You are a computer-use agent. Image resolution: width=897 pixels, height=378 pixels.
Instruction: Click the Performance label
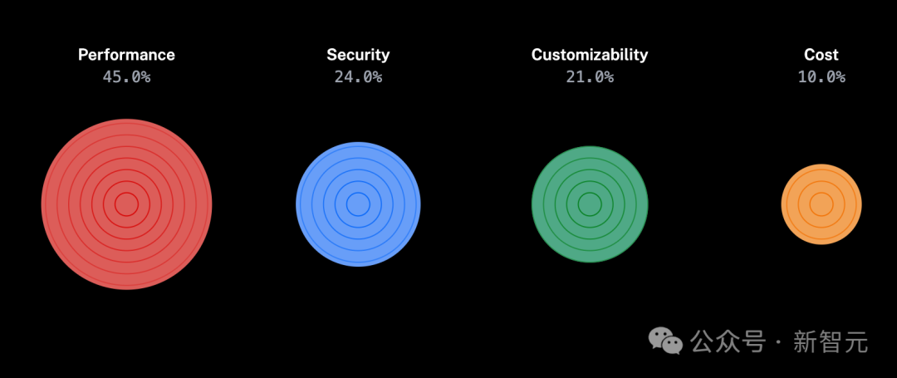point(126,55)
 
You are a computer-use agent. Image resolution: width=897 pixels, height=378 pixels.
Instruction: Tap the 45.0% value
point(126,77)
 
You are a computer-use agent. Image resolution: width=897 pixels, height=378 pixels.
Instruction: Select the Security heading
point(358,55)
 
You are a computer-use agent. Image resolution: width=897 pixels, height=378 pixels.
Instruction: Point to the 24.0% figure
point(358,77)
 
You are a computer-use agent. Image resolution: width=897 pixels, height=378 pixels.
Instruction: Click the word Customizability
point(590,55)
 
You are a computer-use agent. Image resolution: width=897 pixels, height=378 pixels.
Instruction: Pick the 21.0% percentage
point(590,77)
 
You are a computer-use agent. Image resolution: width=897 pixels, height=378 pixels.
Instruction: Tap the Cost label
point(821,55)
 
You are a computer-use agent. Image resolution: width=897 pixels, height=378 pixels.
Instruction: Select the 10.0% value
point(821,77)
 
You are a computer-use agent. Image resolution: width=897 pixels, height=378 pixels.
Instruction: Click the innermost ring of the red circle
point(126,204)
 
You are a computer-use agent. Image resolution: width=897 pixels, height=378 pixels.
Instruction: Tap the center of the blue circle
point(358,204)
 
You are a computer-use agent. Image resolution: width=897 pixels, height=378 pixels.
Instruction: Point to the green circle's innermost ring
point(590,204)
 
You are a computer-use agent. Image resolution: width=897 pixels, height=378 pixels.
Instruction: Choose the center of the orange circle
point(821,204)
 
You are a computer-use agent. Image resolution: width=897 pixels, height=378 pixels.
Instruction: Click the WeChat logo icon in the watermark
point(665,340)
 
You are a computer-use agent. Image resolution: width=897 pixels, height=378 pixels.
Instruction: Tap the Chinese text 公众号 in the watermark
point(728,341)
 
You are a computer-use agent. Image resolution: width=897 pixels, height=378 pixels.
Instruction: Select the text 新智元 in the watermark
point(831,341)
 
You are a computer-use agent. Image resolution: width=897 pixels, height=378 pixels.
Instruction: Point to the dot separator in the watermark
point(778,341)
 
